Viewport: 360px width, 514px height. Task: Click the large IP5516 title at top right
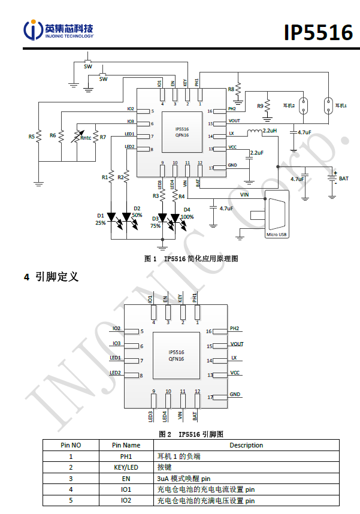317,32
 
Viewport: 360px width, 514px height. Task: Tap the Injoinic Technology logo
59,30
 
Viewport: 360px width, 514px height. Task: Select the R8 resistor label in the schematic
231,89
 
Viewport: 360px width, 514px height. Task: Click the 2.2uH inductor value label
270,131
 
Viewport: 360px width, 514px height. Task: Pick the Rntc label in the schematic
86,138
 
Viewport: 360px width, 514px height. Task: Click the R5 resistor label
32,137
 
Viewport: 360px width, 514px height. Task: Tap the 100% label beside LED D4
187,217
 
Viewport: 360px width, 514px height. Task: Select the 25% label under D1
100,223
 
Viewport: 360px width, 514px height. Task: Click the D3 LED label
155,219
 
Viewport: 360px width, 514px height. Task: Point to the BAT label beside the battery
343,179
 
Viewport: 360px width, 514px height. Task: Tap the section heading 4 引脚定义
51,277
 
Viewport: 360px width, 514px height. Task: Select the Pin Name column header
126,445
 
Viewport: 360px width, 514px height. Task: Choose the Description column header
246,445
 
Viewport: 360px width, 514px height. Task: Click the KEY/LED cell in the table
126,467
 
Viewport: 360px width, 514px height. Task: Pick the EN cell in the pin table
126,478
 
